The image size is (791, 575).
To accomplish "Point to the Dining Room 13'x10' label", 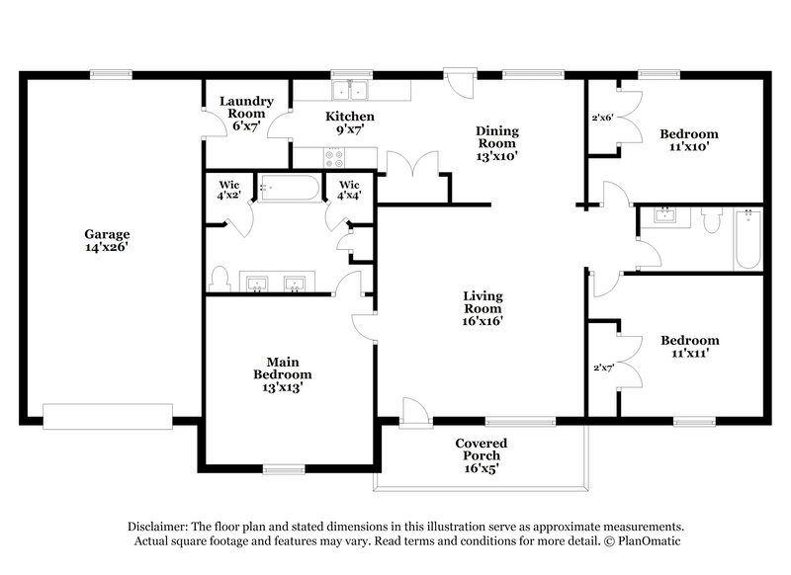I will pyautogui.click(x=497, y=142).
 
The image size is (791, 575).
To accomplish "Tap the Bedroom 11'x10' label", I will pyautogui.click(x=689, y=139).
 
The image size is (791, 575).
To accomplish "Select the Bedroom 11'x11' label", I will pyautogui.click(x=689, y=347).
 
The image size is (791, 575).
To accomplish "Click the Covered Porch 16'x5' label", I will pyautogui.click(x=482, y=455).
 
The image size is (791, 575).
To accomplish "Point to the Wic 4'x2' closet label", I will pyautogui.click(x=230, y=190).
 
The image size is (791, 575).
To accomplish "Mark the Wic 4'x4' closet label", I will pyautogui.click(x=349, y=190).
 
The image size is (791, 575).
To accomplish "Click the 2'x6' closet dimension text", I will pyautogui.click(x=602, y=118).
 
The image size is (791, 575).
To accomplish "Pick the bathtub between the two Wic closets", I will pyautogui.click(x=289, y=188).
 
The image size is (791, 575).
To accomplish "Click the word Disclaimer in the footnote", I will pyautogui.click(x=158, y=527).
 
